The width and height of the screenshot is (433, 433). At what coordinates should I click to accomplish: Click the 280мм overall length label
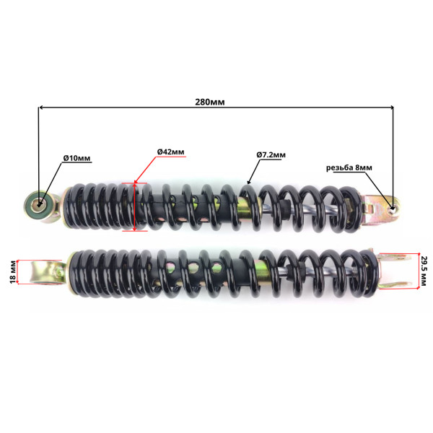210,102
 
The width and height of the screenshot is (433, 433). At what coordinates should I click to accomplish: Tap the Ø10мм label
77,158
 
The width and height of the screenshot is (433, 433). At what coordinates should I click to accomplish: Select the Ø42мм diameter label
171,152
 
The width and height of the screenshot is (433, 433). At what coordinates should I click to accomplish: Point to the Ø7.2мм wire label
271,155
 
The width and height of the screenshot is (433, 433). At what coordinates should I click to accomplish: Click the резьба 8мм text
349,167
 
